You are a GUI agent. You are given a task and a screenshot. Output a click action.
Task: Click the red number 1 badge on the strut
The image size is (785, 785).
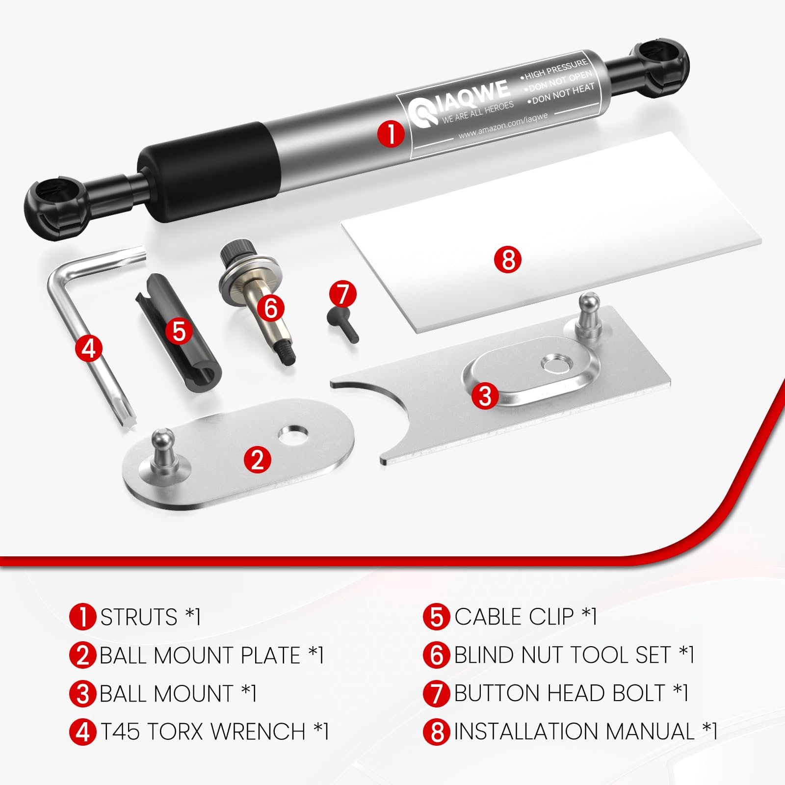(x=391, y=133)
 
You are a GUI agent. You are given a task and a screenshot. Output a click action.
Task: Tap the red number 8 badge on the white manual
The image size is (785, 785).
(x=508, y=260)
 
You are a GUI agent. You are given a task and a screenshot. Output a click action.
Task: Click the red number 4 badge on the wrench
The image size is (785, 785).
(x=89, y=348)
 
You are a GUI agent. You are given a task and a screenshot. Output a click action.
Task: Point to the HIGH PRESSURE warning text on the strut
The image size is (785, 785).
(x=556, y=69)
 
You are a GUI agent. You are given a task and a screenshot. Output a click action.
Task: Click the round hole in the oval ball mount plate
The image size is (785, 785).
(x=293, y=434)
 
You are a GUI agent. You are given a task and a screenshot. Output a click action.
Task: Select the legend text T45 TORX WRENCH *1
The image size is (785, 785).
(x=214, y=732)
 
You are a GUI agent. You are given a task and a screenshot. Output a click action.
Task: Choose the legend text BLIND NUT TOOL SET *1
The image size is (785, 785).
(x=574, y=655)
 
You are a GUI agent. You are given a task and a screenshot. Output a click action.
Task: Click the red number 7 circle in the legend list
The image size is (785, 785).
(x=436, y=693)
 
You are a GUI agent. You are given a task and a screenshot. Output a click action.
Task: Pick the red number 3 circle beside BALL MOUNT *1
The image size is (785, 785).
(x=82, y=694)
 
